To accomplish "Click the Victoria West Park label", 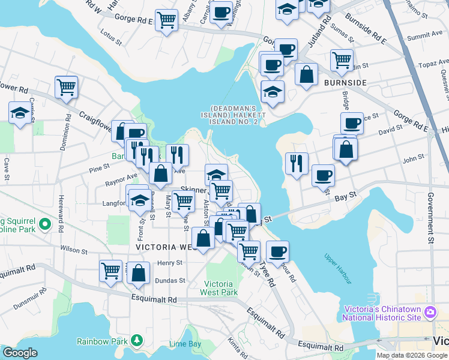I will click(221, 288).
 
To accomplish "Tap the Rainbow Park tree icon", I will click(137, 341).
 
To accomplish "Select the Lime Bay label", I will click(185, 344).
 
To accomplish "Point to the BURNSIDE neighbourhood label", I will click(345, 82).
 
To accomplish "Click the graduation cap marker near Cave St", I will click(20, 112).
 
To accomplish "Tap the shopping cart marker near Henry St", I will click(111, 271).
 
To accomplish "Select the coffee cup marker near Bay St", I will click(323, 175).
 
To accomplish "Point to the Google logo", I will click(20, 353).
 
